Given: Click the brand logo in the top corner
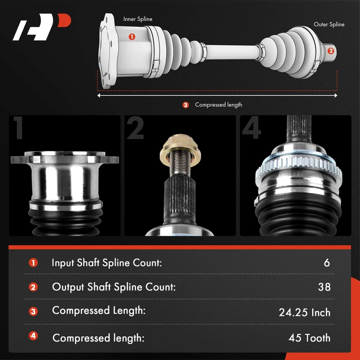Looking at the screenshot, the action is click(42, 27).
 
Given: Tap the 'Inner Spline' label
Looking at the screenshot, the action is click(138, 19).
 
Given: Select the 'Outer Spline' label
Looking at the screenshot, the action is click(329, 24).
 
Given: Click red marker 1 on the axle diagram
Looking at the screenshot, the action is click(132, 36).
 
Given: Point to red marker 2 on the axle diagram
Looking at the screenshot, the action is click(331, 51).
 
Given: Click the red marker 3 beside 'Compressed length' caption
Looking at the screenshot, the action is click(185, 105).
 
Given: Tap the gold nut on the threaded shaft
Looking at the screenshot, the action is click(180, 150).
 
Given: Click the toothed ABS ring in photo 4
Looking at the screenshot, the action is click(298, 167).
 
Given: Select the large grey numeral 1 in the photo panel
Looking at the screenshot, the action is click(19, 128).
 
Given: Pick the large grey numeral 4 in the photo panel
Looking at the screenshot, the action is click(252, 128).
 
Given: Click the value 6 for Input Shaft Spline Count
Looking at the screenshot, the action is click(327, 263).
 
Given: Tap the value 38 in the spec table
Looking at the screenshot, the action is click(324, 287).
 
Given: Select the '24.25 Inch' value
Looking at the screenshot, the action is click(305, 312).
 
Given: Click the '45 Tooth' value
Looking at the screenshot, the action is click(309, 338).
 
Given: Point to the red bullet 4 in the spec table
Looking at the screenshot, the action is click(33, 336).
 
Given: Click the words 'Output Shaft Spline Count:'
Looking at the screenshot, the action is click(114, 287).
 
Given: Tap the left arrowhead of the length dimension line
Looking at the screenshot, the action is click(99, 95).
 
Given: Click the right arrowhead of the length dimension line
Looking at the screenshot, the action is click(336, 95).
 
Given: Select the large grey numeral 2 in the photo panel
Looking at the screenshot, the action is click(135, 128).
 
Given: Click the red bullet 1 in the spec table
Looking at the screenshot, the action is click(33, 263).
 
